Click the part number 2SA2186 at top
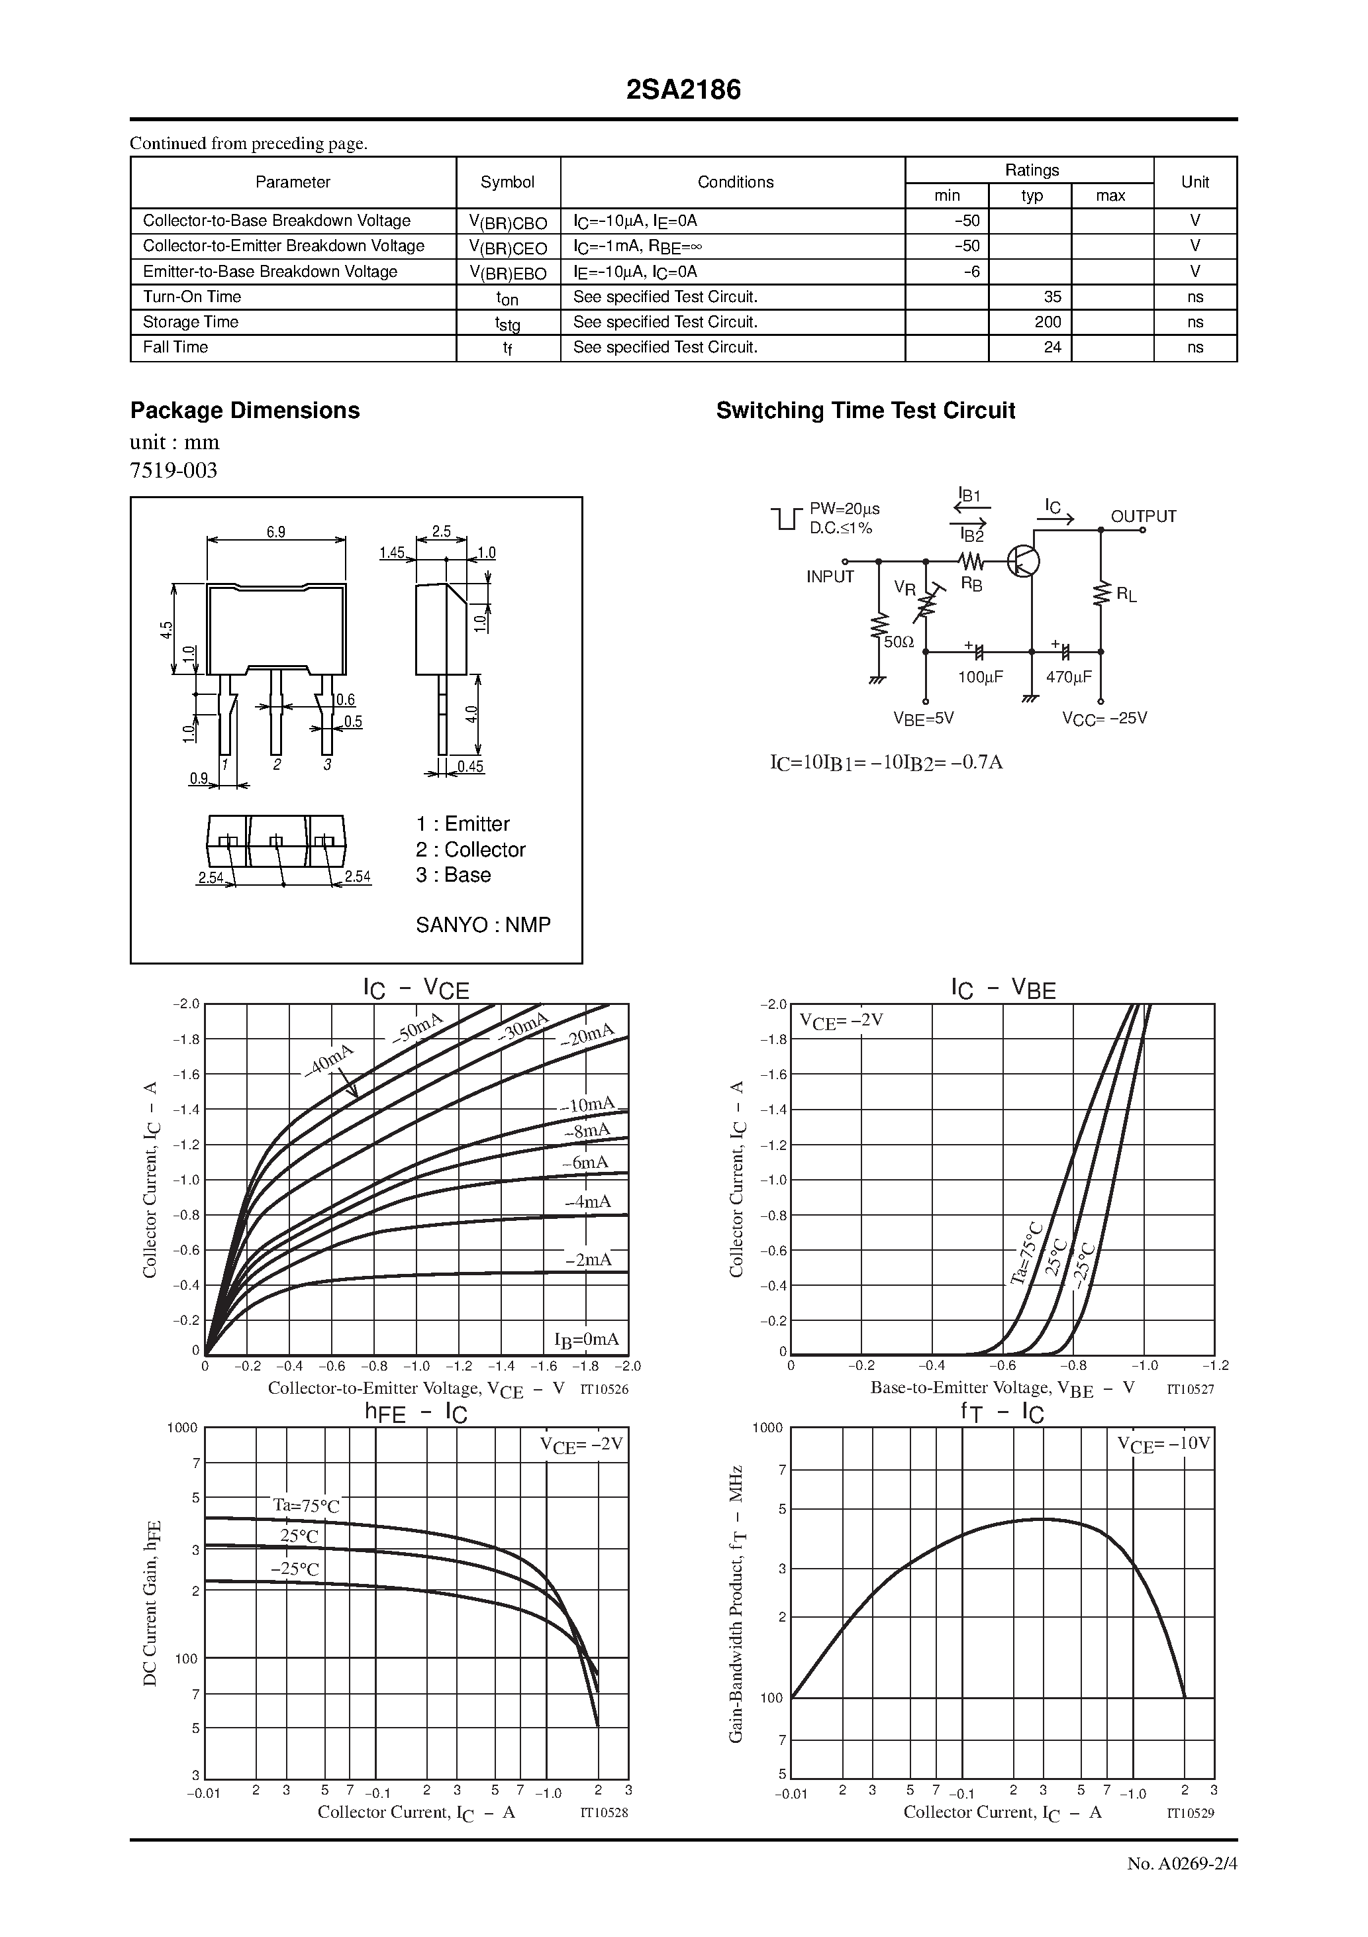(683, 90)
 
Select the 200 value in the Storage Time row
(1048, 322)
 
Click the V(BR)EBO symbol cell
(508, 272)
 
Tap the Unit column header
(1195, 182)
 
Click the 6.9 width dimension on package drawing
(276, 533)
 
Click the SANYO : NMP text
(483, 925)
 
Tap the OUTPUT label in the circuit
(1143, 516)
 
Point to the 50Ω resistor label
(899, 642)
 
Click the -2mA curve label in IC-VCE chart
(588, 1259)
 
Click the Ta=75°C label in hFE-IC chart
(305, 1506)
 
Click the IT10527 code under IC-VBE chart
(1190, 1388)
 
